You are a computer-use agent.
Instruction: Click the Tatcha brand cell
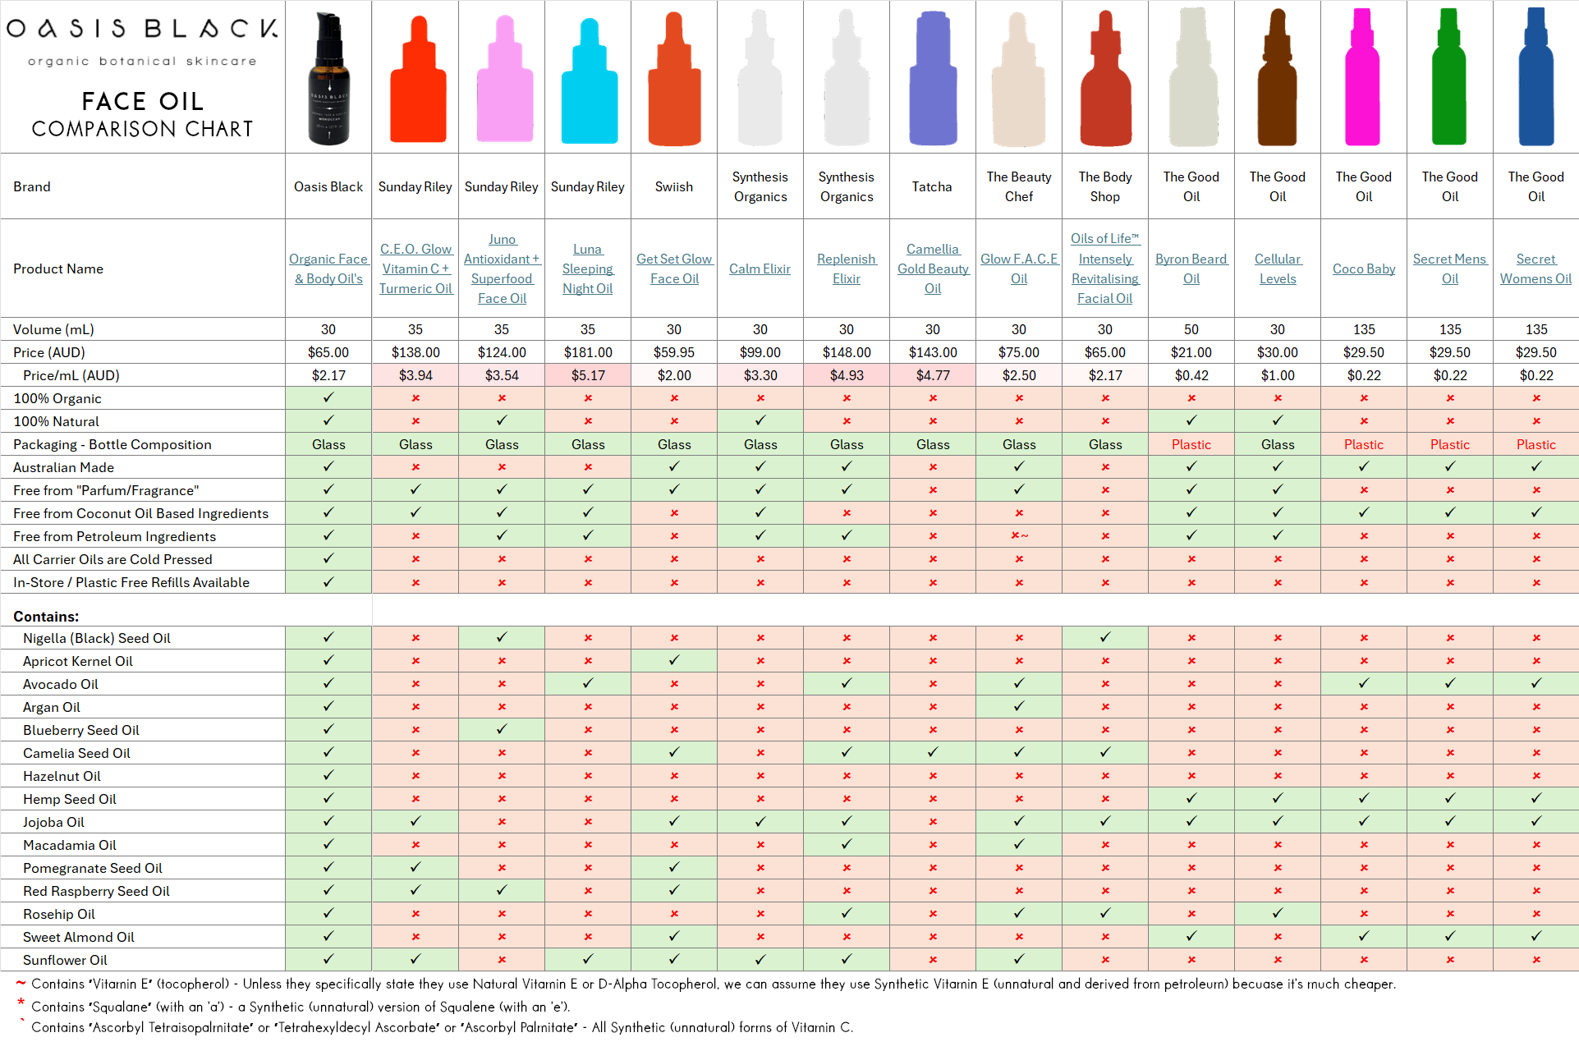(x=932, y=186)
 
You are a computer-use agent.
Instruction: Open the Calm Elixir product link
(x=760, y=269)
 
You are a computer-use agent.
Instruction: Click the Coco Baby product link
(x=1363, y=269)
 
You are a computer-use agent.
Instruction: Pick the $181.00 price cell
(x=587, y=352)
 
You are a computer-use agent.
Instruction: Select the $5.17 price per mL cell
(x=587, y=375)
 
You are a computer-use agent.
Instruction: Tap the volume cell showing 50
(x=1191, y=329)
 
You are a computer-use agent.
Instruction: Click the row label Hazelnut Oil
(x=62, y=776)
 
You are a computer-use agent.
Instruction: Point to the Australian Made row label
(x=63, y=467)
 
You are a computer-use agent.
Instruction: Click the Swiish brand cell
(x=673, y=186)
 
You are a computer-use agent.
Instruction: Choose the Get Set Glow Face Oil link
(x=673, y=269)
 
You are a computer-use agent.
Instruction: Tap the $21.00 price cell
(x=1191, y=352)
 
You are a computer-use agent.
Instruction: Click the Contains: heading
(x=46, y=617)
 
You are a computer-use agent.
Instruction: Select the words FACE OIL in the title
(x=142, y=101)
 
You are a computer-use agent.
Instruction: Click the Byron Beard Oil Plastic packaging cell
(x=1191, y=444)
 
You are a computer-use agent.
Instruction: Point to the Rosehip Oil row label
(x=59, y=914)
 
